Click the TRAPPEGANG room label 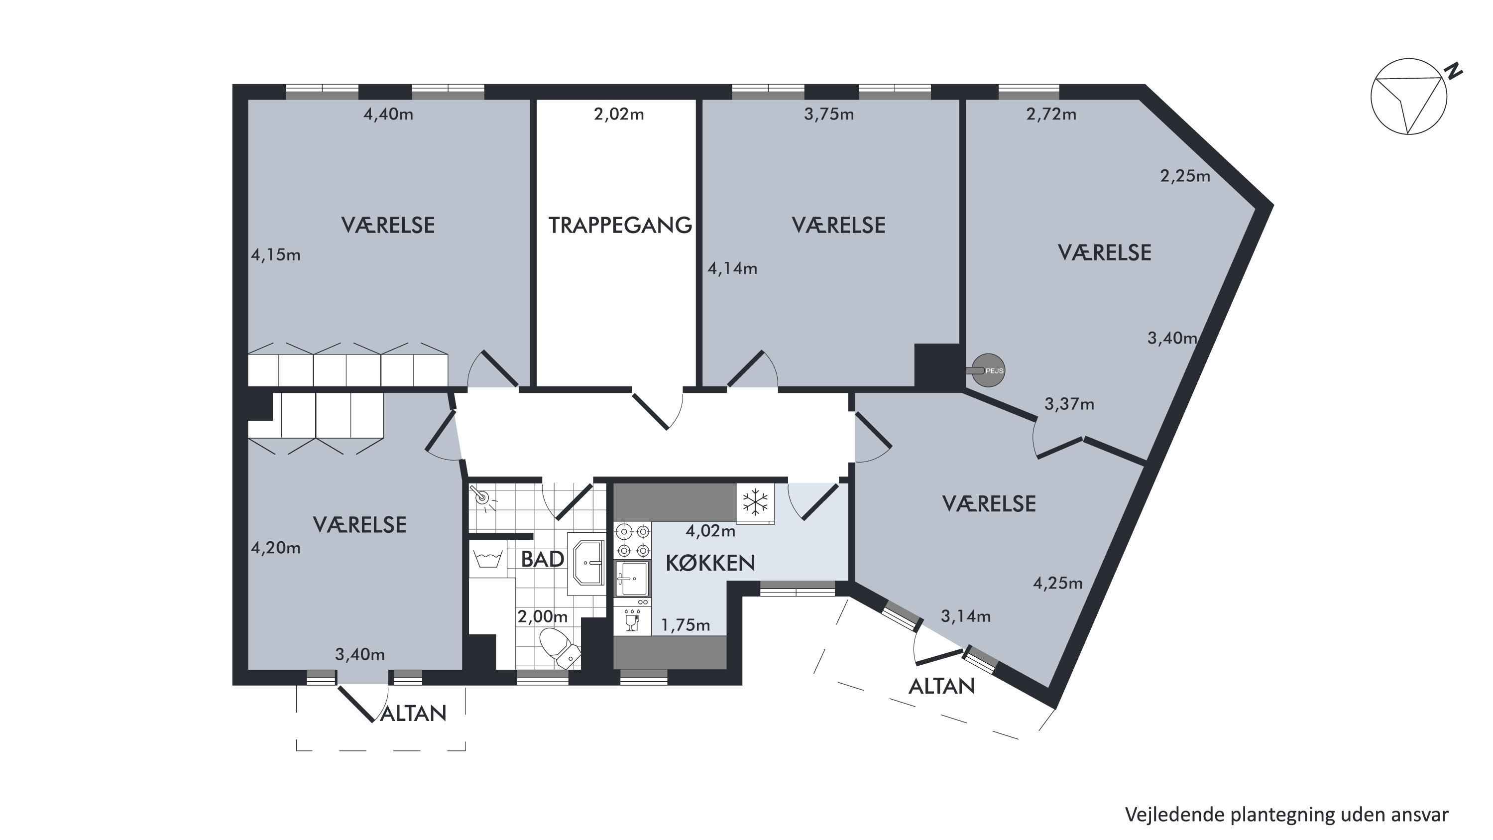point(620,225)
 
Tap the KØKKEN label point(710,563)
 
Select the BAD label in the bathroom point(543,559)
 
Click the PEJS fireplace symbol point(987,370)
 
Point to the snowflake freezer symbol point(755,502)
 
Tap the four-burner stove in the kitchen point(633,540)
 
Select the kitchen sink point(633,579)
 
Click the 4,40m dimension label point(388,114)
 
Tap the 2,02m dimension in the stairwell point(619,114)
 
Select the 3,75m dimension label point(829,114)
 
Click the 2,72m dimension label point(1051,114)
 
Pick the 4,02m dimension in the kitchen point(710,530)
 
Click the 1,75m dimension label point(686,624)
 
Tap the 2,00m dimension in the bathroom point(543,616)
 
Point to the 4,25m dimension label point(1058,583)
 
